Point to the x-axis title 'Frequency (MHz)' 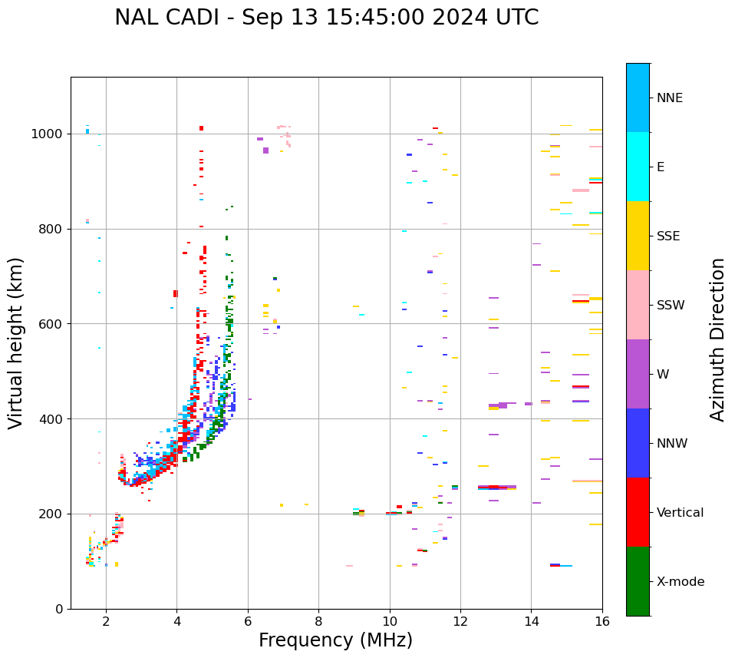(x=335, y=640)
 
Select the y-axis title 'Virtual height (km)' (x=16, y=342)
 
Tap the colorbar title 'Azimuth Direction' (x=717, y=339)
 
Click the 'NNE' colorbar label (x=669, y=98)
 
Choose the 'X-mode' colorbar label (x=680, y=582)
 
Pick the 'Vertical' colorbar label (x=680, y=513)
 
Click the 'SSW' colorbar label (x=671, y=306)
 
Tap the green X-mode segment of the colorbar (x=638, y=581)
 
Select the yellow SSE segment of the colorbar (x=638, y=236)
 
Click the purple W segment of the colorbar (x=638, y=374)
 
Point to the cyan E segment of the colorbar (x=638, y=167)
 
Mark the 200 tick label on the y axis (x=51, y=514)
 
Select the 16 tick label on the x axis (x=602, y=621)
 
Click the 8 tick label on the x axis (x=318, y=621)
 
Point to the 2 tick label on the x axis (x=106, y=621)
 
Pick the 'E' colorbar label (x=661, y=167)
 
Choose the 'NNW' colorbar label (x=671, y=444)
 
